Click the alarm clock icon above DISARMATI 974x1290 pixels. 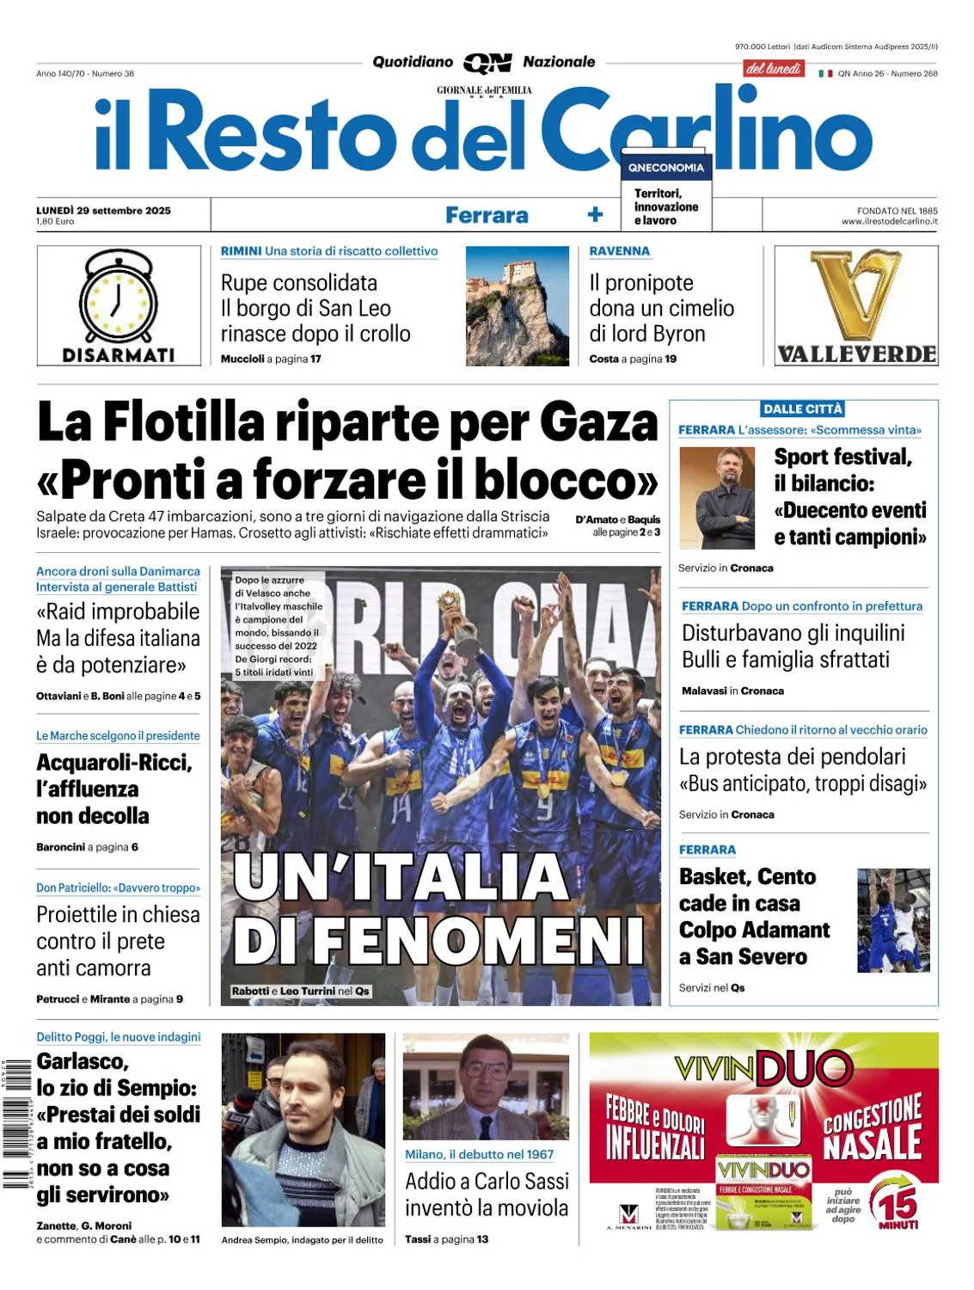click(x=119, y=298)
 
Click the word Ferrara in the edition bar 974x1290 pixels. click(x=487, y=215)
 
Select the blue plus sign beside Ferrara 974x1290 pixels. click(x=595, y=215)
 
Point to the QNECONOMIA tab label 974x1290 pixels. click(x=665, y=168)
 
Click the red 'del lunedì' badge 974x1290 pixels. click(x=773, y=69)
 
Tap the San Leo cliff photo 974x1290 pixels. click(x=517, y=306)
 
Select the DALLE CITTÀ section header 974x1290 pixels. click(x=803, y=409)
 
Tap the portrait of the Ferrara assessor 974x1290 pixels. click(x=717, y=498)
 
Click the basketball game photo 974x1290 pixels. click(x=893, y=920)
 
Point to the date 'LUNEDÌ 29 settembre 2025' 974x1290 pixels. click(x=104, y=210)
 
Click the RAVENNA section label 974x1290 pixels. click(x=619, y=251)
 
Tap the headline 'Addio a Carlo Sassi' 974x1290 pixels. click(x=487, y=1181)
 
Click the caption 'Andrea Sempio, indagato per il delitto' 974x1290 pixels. click(x=302, y=1239)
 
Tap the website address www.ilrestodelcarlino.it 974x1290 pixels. click(x=889, y=221)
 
